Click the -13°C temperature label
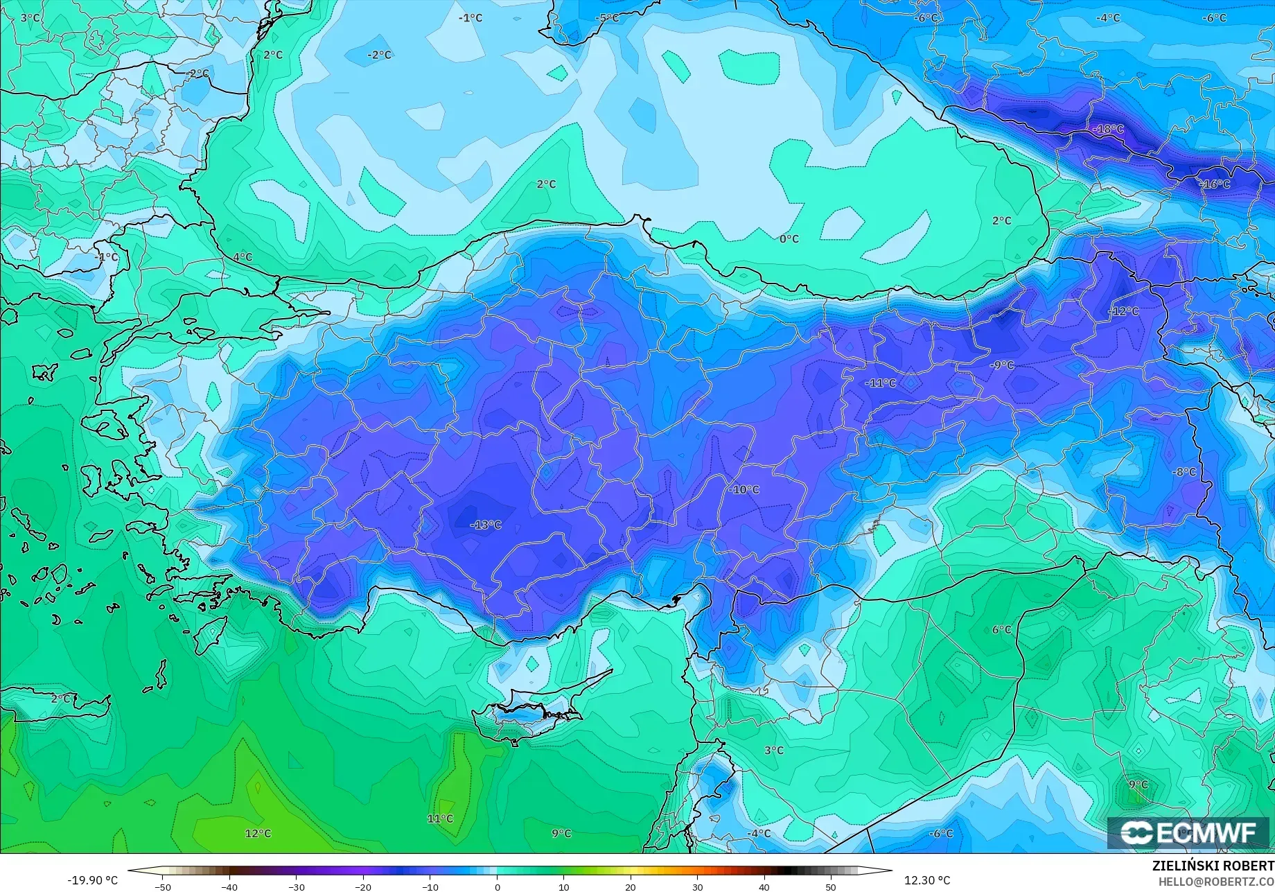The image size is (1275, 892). click(486, 525)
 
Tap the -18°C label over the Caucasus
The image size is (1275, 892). click(1108, 129)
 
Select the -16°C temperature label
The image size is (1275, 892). click(1215, 184)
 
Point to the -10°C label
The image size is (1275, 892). click(744, 489)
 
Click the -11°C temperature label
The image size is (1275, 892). click(881, 383)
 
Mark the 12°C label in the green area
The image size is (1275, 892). click(258, 833)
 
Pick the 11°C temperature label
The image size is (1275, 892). click(440, 819)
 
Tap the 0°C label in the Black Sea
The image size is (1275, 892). click(789, 238)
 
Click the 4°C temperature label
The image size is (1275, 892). click(243, 257)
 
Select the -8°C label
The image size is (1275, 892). click(1184, 472)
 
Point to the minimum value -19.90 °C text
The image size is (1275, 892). click(93, 880)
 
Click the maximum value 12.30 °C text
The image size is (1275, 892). click(927, 880)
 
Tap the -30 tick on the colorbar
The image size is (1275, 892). click(297, 886)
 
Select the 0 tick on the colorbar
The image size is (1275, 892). click(497, 886)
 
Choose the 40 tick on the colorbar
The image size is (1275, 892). click(764, 886)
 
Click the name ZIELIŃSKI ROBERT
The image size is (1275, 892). click(1213, 866)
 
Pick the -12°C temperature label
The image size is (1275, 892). click(1123, 311)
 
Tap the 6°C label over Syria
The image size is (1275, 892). click(1002, 629)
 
